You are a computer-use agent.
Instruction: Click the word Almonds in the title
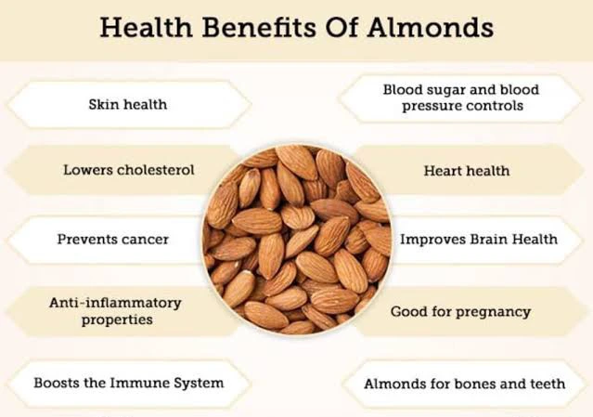(x=431, y=27)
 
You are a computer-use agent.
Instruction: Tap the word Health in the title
(x=147, y=27)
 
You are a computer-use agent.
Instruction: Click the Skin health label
(x=128, y=104)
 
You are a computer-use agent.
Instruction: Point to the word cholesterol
(x=156, y=170)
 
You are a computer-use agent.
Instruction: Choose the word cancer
(x=144, y=240)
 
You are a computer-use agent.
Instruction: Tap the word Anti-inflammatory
(x=115, y=303)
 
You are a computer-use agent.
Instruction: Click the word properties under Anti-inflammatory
(x=117, y=319)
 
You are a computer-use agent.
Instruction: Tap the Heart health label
(x=467, y=171)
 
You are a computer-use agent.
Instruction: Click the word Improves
(x=433, y=240)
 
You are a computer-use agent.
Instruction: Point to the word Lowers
(x=88, y=170)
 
